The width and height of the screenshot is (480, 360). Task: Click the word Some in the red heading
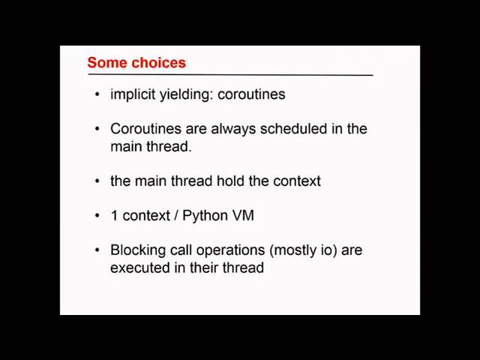point(107,63)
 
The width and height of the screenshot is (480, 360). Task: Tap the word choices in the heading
point(158,63)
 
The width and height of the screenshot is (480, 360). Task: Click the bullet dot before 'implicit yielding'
point(97,94)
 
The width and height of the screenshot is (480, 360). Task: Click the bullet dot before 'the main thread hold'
point(97,181)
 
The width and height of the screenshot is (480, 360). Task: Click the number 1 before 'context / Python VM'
point(114,215)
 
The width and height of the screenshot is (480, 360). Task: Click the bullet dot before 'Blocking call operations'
point(97,250)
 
